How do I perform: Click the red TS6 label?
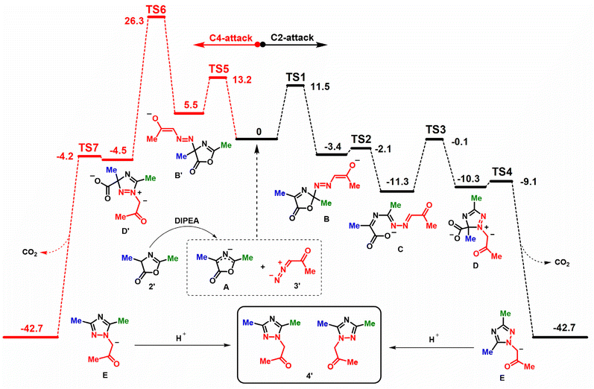point(156,10)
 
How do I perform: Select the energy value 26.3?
point(134,20)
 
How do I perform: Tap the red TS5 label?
point(219,69)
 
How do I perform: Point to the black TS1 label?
point(295,78)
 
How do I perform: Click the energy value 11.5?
point(320,86)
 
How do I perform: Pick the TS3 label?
point(436,130)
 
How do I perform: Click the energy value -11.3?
point(397,182)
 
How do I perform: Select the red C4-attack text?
point(231,38)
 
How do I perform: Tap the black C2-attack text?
point(292,38)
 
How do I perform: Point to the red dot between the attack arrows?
point(258,45)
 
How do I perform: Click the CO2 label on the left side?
point(30,253)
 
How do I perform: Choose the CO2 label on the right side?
point(562,262)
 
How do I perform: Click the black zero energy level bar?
point(257,139)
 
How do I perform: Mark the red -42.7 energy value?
point(32,328)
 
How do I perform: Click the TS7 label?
point(89,148)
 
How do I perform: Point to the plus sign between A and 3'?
point(263,267)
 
